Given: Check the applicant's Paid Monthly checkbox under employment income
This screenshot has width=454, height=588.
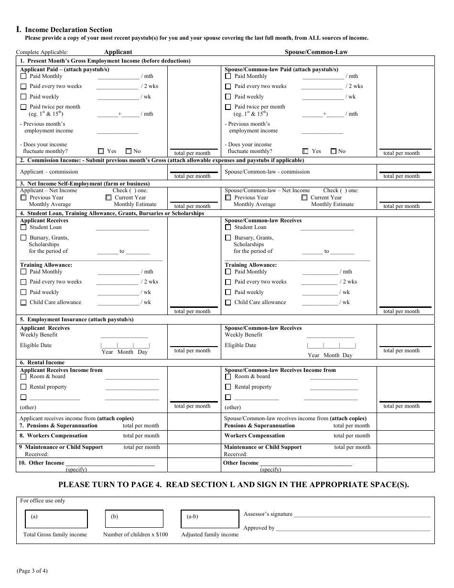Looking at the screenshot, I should click(23, 76).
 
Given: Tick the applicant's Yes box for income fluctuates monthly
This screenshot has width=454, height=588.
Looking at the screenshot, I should click(101, 151).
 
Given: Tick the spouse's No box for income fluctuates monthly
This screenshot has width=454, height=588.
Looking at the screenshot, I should click(334, 151).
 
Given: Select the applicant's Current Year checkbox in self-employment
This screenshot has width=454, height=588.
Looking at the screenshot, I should click(108, 197).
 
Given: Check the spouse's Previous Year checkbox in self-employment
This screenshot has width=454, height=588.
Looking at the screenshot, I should click(228, 197).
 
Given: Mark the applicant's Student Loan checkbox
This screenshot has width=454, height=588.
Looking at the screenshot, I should click(23, 228).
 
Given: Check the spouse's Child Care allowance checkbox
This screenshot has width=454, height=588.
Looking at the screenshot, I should click(228, 303).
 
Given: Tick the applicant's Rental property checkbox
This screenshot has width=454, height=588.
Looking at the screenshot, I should click(23, 387).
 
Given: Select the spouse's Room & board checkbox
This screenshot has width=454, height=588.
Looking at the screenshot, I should click(228, 377).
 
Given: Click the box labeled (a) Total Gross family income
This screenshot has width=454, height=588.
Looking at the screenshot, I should click(56, 519).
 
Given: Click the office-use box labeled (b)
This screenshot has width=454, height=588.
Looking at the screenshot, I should click(134, 519).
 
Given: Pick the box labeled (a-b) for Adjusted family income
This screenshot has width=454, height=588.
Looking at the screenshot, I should click(210, 519).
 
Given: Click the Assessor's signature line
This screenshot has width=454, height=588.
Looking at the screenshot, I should click(362, 515).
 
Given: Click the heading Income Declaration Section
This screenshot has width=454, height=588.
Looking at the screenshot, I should click(68, 30).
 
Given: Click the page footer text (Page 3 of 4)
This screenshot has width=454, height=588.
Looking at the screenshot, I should click(32, 571).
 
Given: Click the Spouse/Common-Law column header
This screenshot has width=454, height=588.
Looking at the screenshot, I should click(316, 52).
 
